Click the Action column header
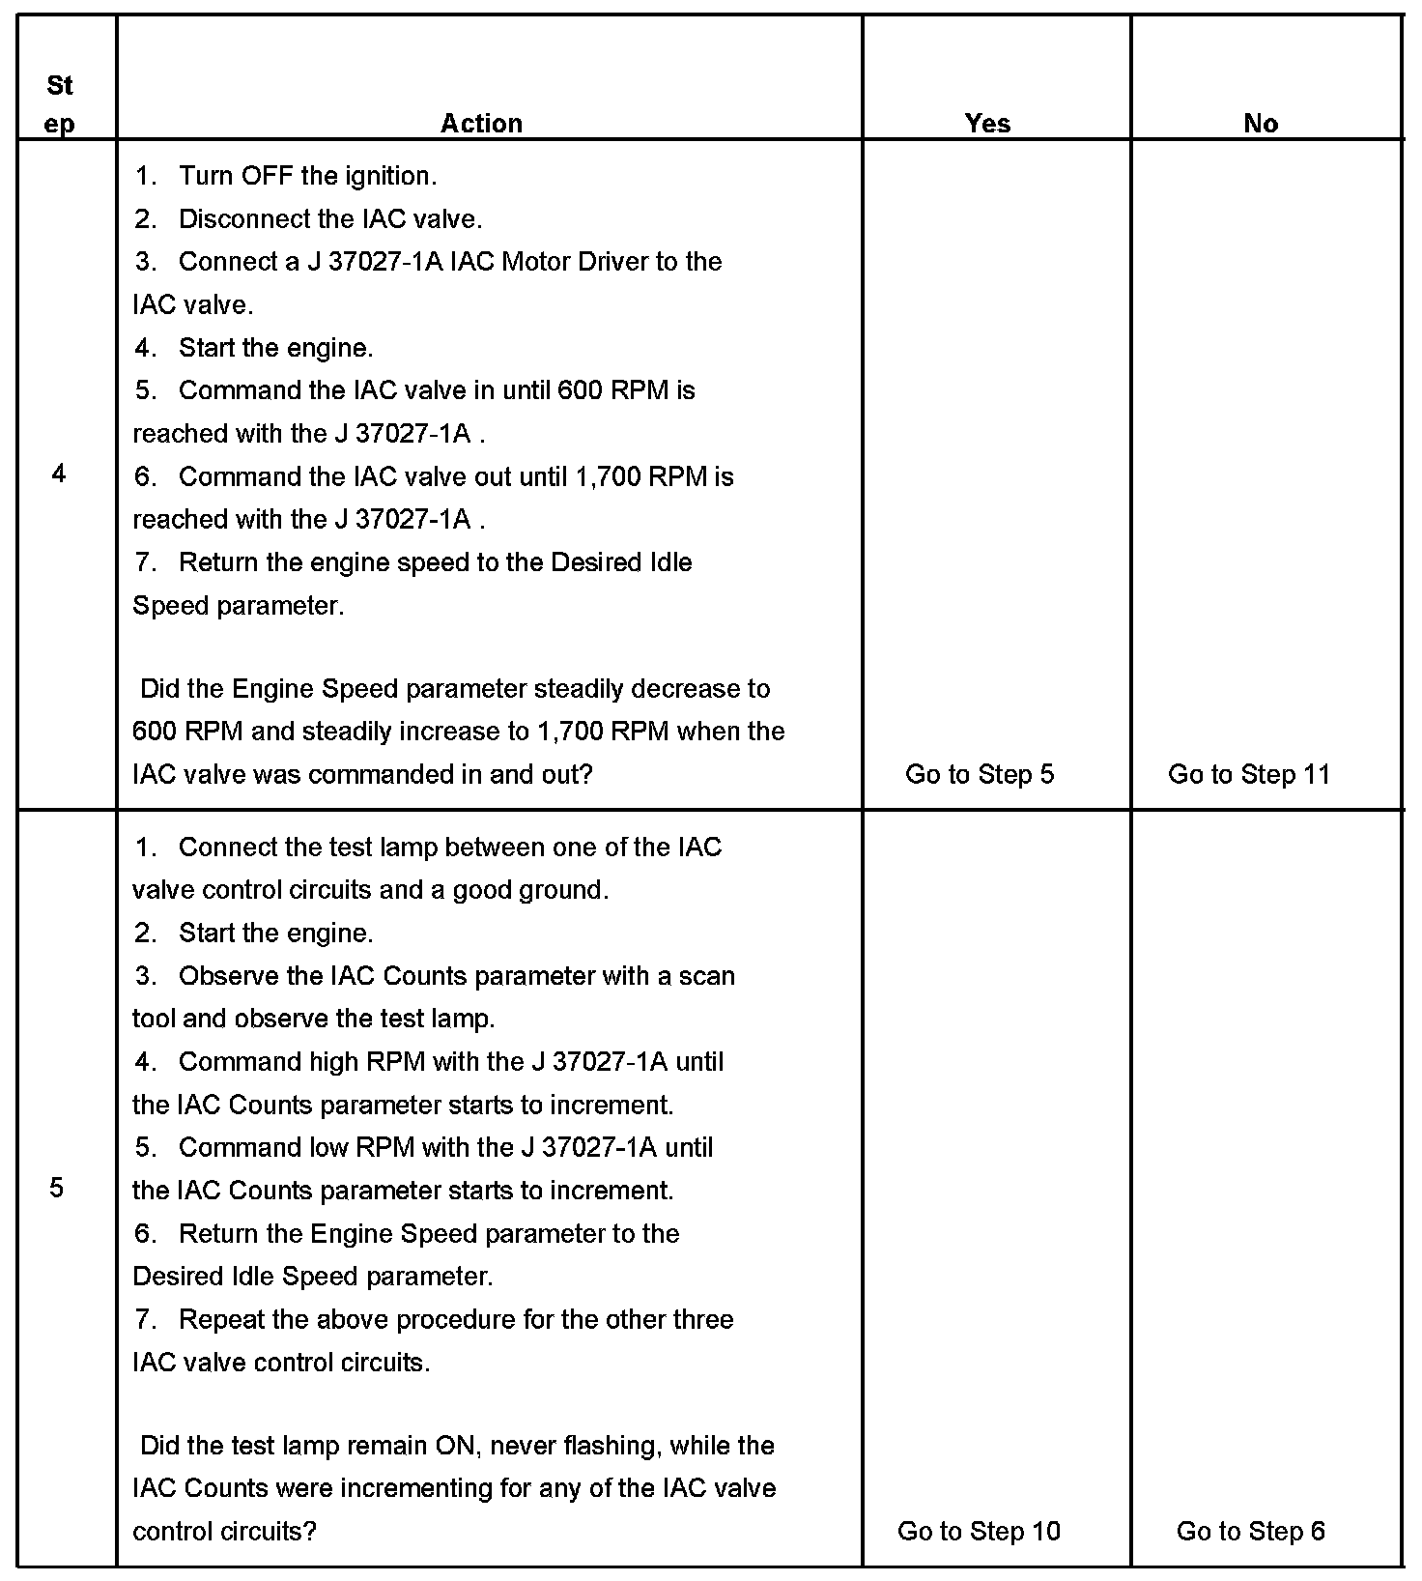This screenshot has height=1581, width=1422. [x=481, y=123]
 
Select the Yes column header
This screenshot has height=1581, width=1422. [x=987, y=123]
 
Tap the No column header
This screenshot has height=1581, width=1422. [x=1261, y=123]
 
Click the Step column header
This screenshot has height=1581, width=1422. [x=60, y=104]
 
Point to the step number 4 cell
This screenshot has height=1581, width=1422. [x=59, y=474]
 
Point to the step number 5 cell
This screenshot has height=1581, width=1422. [x=57, y=1188]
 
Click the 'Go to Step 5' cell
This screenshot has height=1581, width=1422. [x=980, y=774]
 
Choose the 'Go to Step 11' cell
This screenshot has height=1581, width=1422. [x=1249, y=774]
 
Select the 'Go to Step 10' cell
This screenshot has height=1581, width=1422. [x=979, y=1531]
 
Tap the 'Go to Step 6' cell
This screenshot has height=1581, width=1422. [x=1251, y=1531]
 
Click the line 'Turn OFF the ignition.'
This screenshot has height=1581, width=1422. [x=307, y=176]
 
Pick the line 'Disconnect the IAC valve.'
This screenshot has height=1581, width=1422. [x=330, y=219]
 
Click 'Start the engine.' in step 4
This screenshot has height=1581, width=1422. [x=276, y=348]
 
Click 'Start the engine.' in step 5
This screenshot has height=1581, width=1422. [x=276, y=934]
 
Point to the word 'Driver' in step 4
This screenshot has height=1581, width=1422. [x=612, y=262]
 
